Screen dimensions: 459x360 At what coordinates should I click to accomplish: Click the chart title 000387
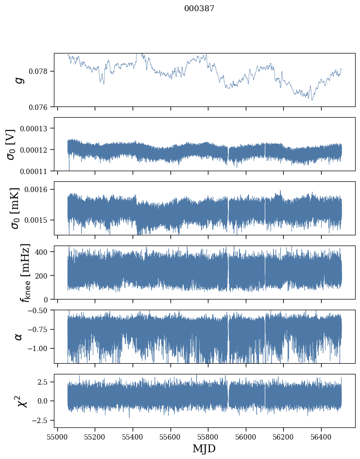[199, 8]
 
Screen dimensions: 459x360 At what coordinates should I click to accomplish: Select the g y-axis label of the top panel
[19, 80]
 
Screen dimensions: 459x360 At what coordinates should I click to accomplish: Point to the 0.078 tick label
[40, 71]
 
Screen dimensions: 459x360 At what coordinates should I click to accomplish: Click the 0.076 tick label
[40, 107]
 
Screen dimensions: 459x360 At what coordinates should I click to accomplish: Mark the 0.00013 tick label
[37, 128]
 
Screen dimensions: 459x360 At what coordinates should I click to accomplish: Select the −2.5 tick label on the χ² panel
[41, 420]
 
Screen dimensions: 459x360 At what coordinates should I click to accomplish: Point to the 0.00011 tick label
[37, 171]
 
